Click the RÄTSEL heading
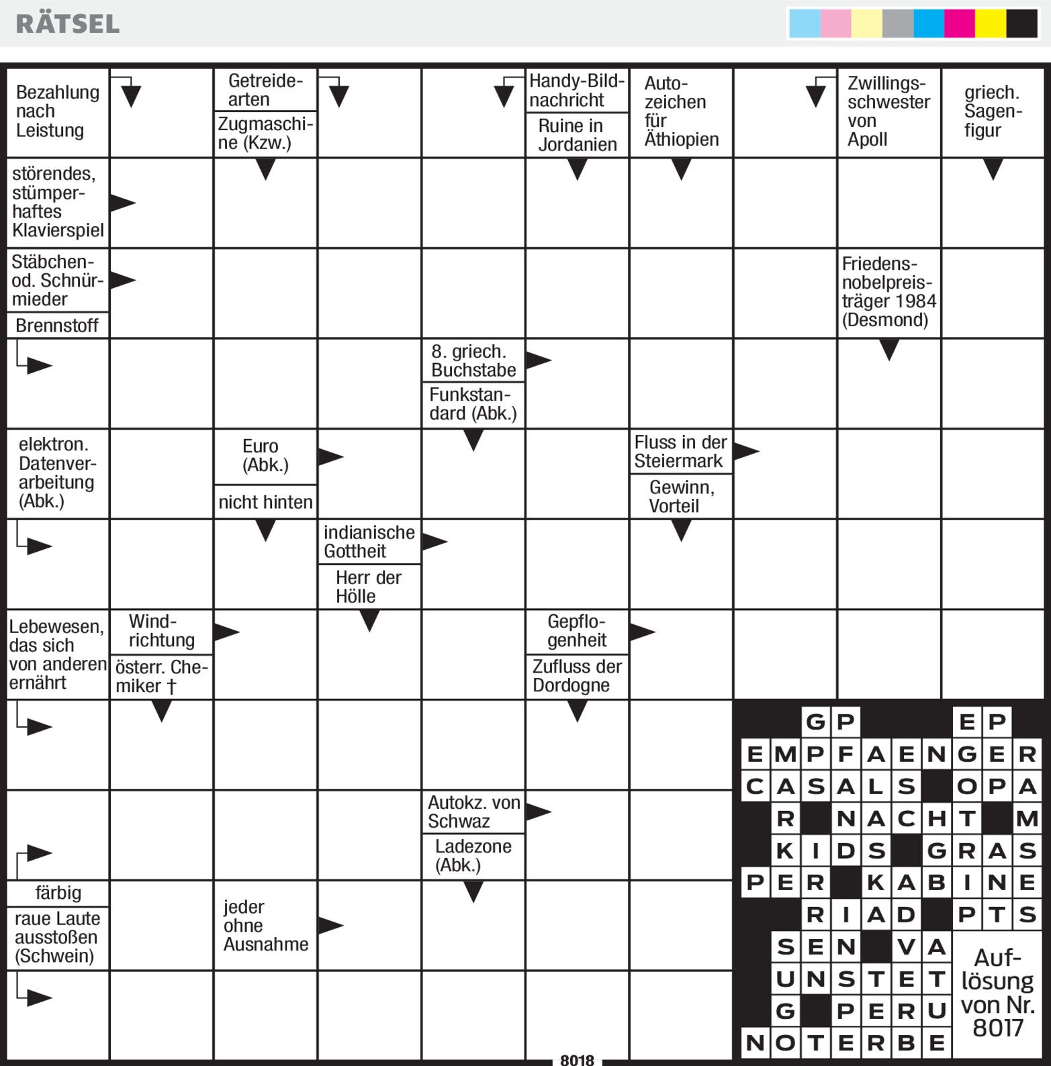tap(68, 23)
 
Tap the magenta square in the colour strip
tap(959, 23)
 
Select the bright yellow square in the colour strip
tap(990, 23)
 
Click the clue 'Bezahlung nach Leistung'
tap(57, 111)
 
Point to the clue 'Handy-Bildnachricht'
tap(576, 91)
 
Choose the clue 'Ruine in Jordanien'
tap(577, 135)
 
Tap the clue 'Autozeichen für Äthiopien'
tap(680, 111)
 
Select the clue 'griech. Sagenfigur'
tap(992, 111)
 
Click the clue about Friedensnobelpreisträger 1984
tap(888, 292)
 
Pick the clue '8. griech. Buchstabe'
tap(473, 360)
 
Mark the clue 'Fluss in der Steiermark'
tap(680, 452)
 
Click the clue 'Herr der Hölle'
tap(369, 587)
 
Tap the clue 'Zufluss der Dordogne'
tap(577, 676)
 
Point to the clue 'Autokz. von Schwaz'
tap(473, 812)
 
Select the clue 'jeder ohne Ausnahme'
tap(265, 926)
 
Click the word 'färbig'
tap(58, 893)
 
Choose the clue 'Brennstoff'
tap(57, 326)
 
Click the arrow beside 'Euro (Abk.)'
tap(330, 457)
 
